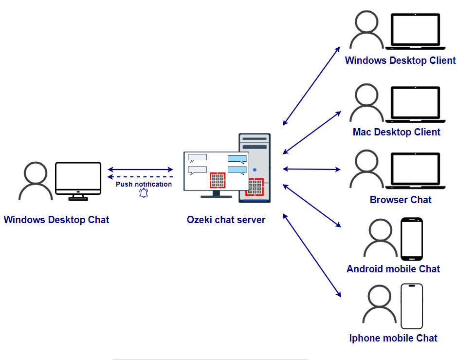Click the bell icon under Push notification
(144, 193)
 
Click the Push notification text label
(144, 184)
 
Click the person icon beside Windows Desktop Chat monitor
(35, 181)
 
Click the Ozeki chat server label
(226, 220)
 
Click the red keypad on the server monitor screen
(218, 180)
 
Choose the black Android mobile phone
(412, 239)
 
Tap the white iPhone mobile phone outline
(412, 306)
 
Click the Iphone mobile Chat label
(393, 338)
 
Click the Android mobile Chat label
(393, 269)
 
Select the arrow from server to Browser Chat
(311, 169)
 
